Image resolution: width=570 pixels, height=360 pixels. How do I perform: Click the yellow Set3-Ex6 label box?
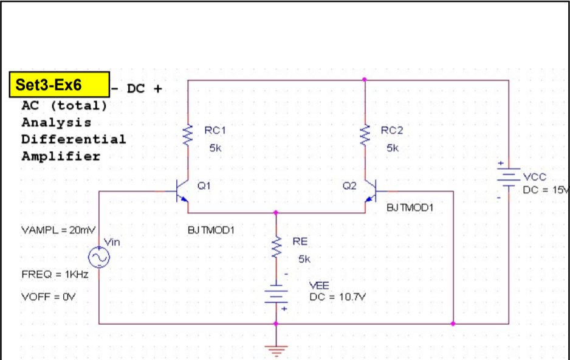point(60,85)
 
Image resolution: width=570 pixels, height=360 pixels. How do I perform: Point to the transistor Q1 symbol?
point(182,191)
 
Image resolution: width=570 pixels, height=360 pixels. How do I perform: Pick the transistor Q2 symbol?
point(371,191)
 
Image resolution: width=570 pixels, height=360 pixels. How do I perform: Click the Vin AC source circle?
point(99,258)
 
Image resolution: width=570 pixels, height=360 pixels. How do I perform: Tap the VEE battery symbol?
point(276,295)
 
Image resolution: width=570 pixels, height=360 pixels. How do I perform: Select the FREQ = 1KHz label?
point(55,274)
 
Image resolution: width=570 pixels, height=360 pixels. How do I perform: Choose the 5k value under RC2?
point(393,148)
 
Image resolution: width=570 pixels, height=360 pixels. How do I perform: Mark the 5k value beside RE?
point(304,258)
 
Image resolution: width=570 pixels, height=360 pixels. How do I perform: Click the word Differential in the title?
point(74,139)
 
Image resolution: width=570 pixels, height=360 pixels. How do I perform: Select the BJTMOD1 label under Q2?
point(411,208)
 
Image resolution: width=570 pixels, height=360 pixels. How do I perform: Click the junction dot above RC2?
point(365,80)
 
